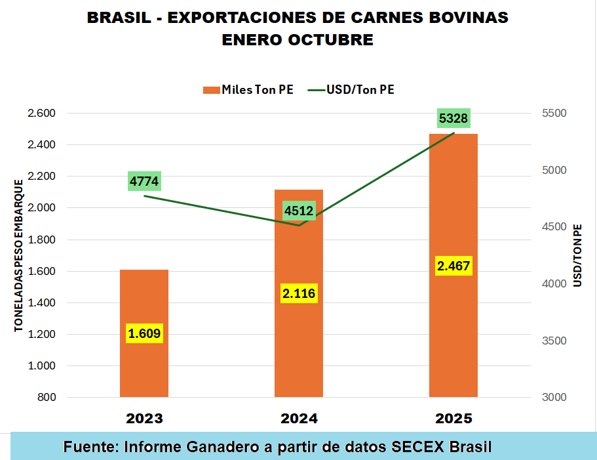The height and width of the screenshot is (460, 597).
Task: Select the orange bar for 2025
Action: coord(453,197)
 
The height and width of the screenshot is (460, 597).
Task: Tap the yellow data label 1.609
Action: coord(144,333)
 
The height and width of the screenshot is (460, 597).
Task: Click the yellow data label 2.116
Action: coord(299,293)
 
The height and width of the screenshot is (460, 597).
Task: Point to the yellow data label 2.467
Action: coord(453,266)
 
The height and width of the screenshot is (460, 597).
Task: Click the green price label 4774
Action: coord(144,181)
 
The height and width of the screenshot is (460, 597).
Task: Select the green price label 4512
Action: coord(299,211)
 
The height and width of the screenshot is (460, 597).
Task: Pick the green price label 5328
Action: coord(453,118)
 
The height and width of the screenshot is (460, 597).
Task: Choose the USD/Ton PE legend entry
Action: coord(351,90)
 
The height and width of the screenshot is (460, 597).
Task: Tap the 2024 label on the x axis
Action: coord(299,419)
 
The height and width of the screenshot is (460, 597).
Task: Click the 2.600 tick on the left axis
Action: coord(41,114)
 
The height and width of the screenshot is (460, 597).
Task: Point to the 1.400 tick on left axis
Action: coord(41,303)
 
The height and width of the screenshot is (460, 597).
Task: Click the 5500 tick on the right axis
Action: coord(554,114)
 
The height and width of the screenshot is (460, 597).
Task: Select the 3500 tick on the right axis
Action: coord(554,341)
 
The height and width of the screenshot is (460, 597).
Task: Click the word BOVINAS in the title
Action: coord(467,18)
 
